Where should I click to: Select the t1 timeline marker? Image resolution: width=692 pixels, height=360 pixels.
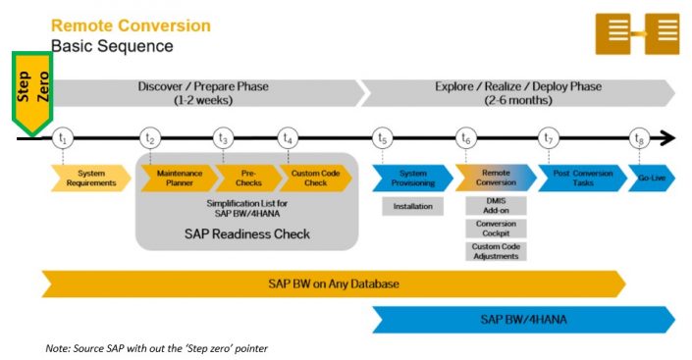[63, 138]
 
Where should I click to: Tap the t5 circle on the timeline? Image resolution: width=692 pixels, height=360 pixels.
[383, 138]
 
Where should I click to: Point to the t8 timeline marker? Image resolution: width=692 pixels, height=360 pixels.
[640, 138]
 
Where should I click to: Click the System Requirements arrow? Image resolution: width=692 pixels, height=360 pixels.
[89, 178]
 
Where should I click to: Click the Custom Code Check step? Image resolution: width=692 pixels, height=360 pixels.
[316, 178]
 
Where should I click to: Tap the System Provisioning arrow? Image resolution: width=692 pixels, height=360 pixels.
[409, 178]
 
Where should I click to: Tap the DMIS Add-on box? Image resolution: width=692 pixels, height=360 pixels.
[495, 206]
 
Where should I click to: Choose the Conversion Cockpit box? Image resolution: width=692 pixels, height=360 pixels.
[495, 229]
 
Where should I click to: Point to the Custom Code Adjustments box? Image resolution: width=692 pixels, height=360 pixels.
[495, 251]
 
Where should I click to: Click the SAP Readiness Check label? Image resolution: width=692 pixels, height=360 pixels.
[246, 233]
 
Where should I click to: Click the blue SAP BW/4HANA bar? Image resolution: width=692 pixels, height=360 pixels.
[521, 319]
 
